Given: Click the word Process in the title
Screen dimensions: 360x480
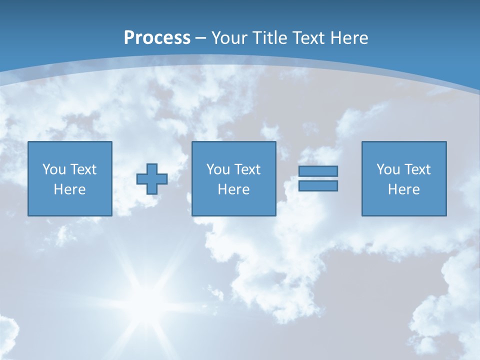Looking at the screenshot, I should (157, 38).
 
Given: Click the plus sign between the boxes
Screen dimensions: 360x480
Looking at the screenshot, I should (152, 179).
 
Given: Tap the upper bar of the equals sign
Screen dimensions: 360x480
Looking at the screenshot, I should (318, 171).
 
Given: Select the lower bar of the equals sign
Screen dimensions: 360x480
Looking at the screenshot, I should (318, 186).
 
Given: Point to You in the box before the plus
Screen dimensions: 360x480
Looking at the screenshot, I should (54, 169).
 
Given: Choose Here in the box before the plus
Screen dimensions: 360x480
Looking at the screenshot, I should (70, 189).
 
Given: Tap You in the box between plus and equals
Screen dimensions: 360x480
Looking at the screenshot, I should (218, 169).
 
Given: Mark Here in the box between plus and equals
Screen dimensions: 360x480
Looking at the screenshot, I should (234, 189).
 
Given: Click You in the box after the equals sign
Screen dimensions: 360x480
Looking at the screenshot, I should (388, 169).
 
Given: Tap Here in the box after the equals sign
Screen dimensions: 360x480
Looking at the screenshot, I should (404, 189).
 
